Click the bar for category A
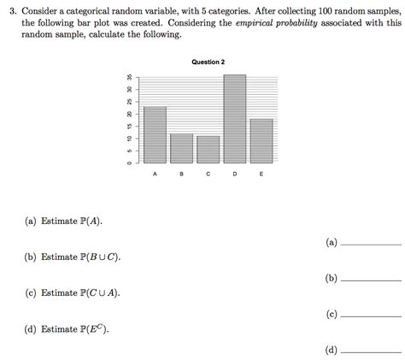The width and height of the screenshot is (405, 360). click(x=155, y=135)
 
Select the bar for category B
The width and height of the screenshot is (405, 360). click(x=181, y=148)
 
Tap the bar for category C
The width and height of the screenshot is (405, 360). click(x=208, y=149)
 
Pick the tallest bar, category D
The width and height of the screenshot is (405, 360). click(x=234, y=119)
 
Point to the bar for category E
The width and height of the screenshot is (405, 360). click(x=261, y=141)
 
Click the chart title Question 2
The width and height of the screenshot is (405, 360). click(x=208, y=62)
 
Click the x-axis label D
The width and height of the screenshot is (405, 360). click(x=234, y=174)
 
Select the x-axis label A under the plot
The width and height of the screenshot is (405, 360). click(x=155, y=174)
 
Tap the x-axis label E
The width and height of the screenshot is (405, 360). click(x=261, y=174)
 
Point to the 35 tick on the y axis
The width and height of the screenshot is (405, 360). click(x=129, y=76)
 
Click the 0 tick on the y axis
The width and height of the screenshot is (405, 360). click(x=129, y=162)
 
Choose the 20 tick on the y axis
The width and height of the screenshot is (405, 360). click(x=129, y=114)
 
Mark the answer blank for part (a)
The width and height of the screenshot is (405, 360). click(x=370, y=243)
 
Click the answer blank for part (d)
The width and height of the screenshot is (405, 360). click(x=370, y=351)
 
